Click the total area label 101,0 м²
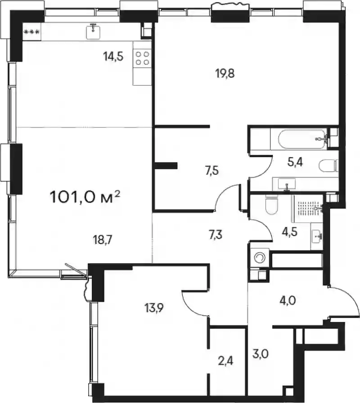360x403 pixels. (85, 197)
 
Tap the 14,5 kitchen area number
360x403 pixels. (113, 56)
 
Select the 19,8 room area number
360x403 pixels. (225, 74)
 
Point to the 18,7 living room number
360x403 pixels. (103, 240)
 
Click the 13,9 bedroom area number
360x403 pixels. (154, 308)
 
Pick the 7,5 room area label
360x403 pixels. (212, 170)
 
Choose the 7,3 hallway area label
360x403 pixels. (216, 235)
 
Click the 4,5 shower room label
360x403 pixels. (289, 232)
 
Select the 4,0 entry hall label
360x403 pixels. (288, 300)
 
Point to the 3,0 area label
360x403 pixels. (261, 354)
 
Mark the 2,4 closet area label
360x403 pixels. (226, 362)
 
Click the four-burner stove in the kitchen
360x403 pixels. (142, 58)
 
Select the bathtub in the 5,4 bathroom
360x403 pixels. (301, 139)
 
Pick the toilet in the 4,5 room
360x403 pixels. (272, 205)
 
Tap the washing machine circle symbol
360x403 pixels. (259, 258)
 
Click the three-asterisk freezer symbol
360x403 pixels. (31, 32)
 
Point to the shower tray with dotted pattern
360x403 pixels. (308, 208)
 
